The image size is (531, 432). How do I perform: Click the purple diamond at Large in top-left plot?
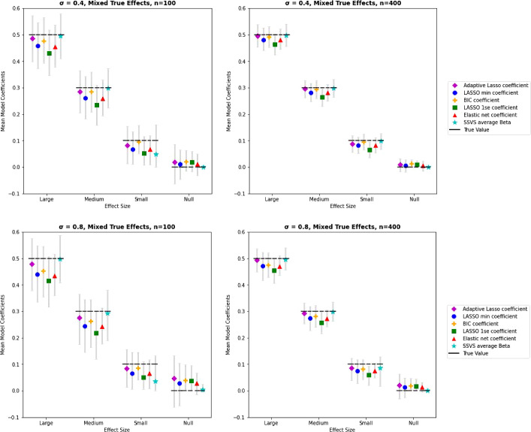point(32,38)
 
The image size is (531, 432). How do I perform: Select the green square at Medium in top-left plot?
point(97,105)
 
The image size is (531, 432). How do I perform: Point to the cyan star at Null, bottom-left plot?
point(203,390)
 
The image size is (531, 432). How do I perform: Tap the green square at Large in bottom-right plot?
point(274,270)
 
